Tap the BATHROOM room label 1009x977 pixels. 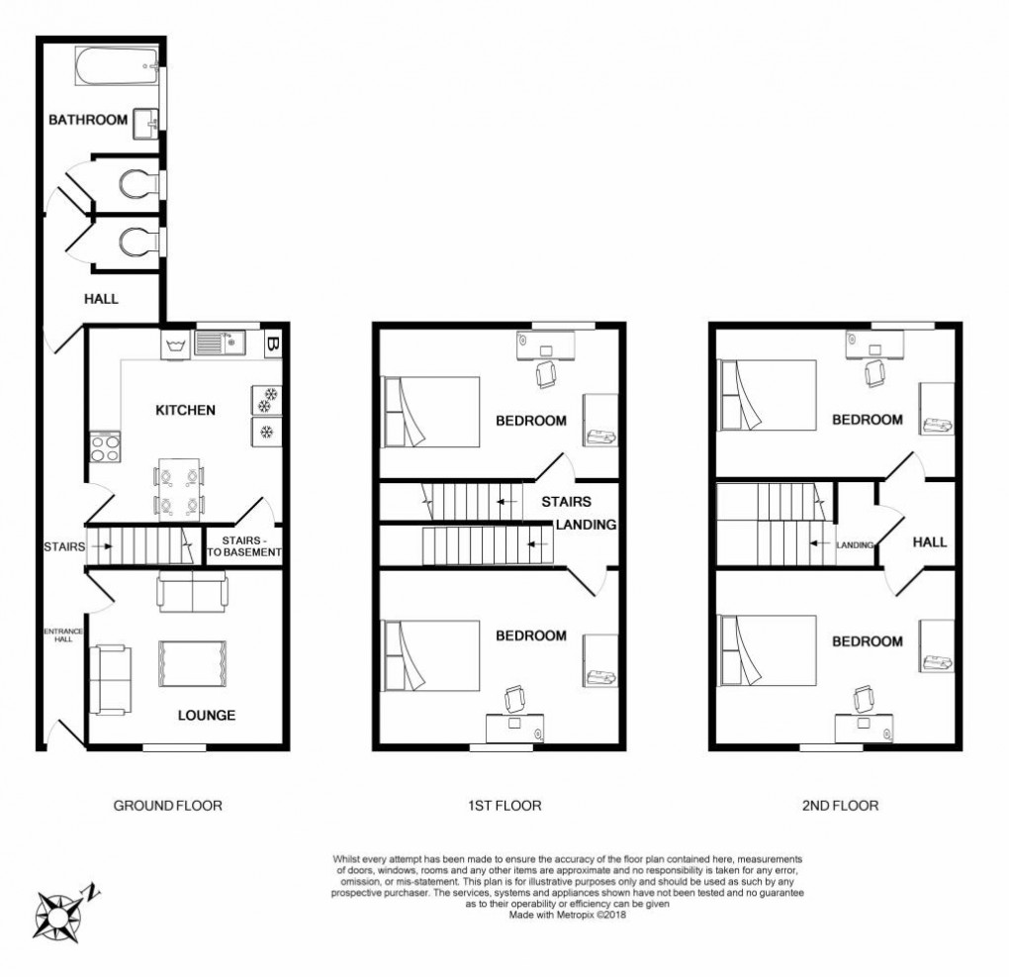[89, 120]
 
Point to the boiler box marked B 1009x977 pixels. [272, 344]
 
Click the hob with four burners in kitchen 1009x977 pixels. [104, 447]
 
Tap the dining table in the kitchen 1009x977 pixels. [178, 491]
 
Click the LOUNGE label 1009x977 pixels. [206, 715]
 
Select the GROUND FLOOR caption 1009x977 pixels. [167, 806]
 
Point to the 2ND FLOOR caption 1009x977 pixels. [839, 806]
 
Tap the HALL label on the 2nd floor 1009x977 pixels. [929, 542]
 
